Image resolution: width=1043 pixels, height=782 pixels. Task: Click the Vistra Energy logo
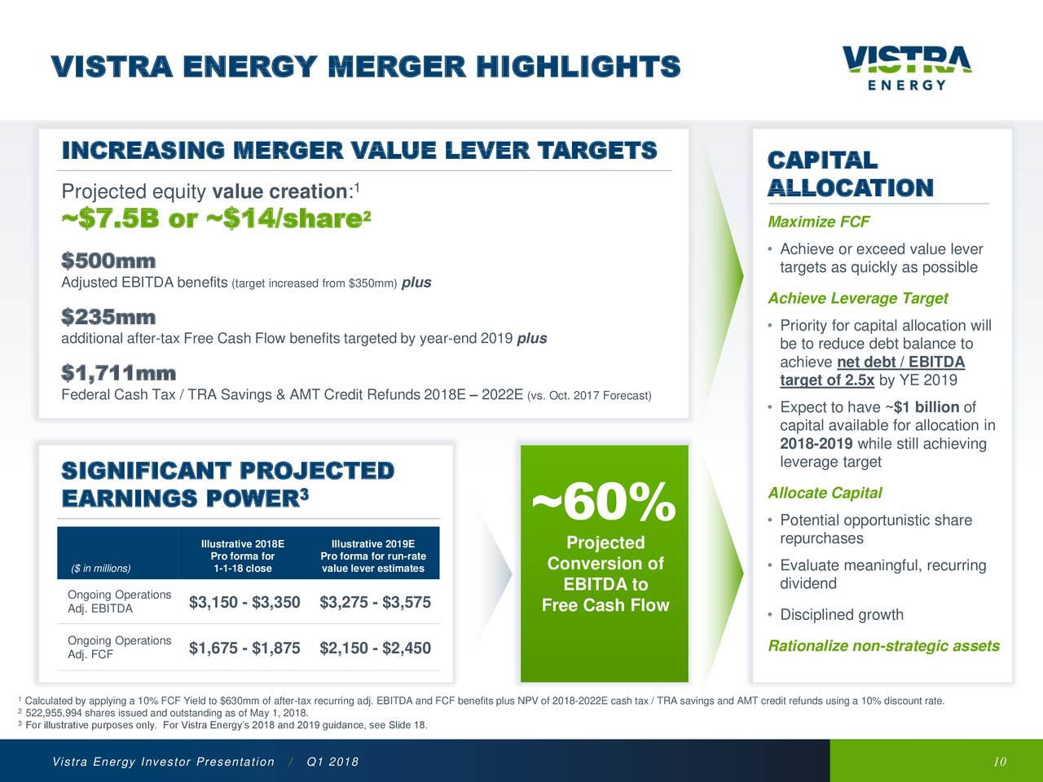(906, 68)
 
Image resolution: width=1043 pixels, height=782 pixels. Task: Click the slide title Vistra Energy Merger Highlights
(364, 67)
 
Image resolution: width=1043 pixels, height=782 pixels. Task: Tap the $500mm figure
(108, 261)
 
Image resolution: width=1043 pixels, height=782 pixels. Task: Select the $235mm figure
(108, 317)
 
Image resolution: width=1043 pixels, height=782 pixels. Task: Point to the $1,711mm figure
(118, 374)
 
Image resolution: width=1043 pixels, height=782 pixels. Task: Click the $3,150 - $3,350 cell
(244, 602)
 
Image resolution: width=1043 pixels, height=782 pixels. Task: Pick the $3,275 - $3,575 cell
(375, 602)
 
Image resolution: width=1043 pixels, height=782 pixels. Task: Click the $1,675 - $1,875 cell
(244, 648)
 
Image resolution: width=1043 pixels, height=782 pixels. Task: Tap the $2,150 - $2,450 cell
(375, 648)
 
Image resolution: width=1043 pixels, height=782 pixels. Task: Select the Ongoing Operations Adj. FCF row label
(119, 648)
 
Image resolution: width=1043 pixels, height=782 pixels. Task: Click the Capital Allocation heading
(850, 174)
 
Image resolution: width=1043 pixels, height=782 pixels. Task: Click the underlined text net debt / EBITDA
(900, 362)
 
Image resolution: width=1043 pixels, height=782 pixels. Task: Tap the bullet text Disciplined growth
(841, 615)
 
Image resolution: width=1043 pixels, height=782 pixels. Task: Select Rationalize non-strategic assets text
(883, 646)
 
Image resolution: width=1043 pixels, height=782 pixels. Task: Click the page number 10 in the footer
(1000, 762)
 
